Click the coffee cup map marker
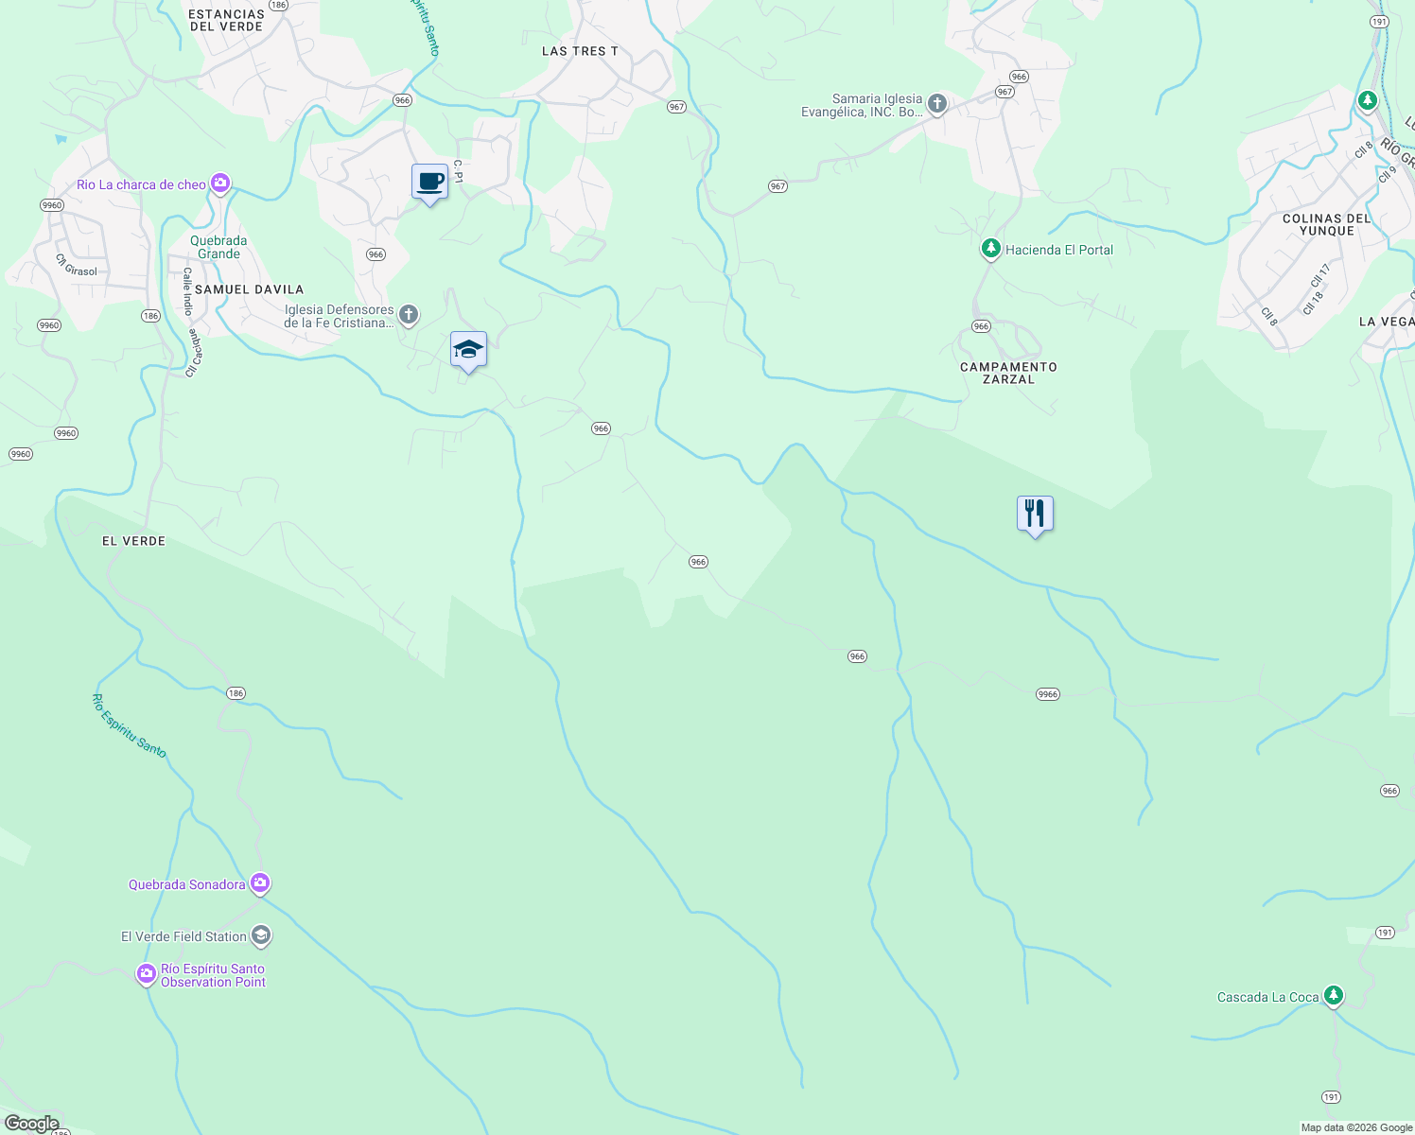pos(429,181)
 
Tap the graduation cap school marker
pos(468,349)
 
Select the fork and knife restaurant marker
pos(1035,514)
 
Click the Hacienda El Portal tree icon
pos(990,250)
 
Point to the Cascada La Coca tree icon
pos(1333,995)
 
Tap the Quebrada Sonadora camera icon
pos(260,884)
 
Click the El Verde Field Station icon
pos(261,936)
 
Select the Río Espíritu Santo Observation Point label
pos(213,975)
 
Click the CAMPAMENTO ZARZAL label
pos(1008,373)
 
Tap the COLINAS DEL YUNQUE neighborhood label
pos(1326,224)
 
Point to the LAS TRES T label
pos(580,51)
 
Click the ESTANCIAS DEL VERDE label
pos(226,21)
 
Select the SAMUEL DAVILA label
pos(249,289)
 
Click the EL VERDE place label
pos(133,541)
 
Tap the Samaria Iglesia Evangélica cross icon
pos(936,104)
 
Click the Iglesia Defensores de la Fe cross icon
pos(408,315)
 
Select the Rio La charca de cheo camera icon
pos(220,183)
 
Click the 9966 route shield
pos(1047,694)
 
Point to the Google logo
pos(31,1124)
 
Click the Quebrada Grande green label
pos(218,247)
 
